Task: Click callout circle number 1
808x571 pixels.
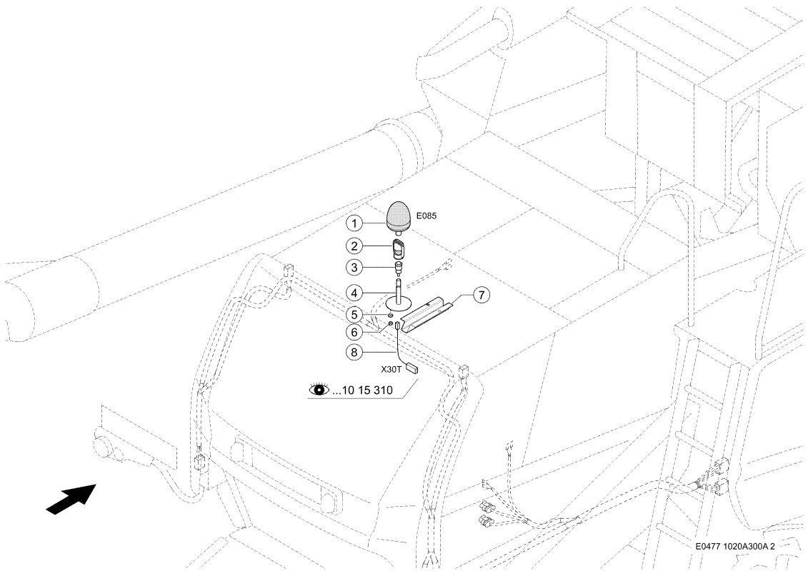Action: click(354, 223)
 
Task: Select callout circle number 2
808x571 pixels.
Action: click(354, 246)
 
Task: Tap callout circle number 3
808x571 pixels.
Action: click(354, 268)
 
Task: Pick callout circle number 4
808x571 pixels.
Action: click(354, 293)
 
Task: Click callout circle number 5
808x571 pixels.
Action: click(354, 314)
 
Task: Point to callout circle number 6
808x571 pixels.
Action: click(354, 332)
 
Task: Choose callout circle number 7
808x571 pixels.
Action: click(482, 295)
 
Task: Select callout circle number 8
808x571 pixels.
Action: click(354, 352)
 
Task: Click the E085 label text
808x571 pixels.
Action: click(427, 216)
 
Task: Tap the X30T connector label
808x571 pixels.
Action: click(391, 369)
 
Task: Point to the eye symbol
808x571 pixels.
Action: click(319, 390)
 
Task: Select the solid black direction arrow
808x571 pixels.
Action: click(71, 498)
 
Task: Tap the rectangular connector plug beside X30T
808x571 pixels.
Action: click(412, 368)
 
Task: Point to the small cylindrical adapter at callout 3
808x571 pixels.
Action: click(399, 267)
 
